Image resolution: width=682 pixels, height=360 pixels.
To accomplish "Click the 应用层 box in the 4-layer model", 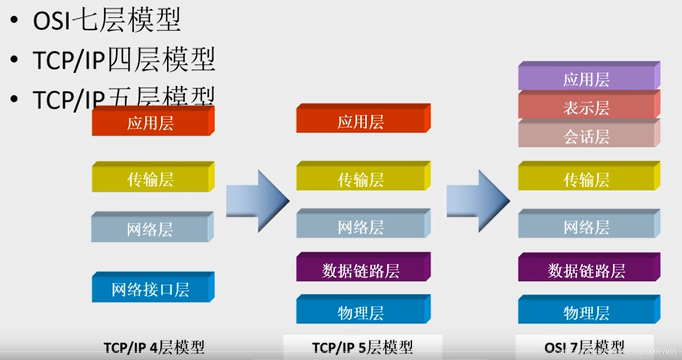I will pos(151,122).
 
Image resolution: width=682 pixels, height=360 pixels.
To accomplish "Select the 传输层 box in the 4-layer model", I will pos(151,179).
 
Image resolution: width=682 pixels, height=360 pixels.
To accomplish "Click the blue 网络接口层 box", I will pos(151,289).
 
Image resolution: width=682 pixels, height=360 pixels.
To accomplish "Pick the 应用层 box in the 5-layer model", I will pos(361,121).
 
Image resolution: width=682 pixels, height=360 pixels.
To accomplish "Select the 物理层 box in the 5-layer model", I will pos(361,311).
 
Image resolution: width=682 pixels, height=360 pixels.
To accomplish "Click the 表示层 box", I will pos(587,107).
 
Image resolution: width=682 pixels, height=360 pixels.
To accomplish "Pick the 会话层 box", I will pos(587,136).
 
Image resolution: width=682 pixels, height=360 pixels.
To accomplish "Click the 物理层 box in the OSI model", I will pos(587,311).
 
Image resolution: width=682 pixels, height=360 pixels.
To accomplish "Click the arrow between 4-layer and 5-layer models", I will pos(257,201).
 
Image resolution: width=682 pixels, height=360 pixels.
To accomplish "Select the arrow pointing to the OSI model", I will pos(478,201).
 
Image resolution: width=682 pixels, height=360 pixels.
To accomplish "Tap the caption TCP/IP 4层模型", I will pos(154,347).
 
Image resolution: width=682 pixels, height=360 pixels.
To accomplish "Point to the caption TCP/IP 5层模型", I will pos(362,347).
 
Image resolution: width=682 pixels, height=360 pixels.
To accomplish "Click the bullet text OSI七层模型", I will pos(107,20).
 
